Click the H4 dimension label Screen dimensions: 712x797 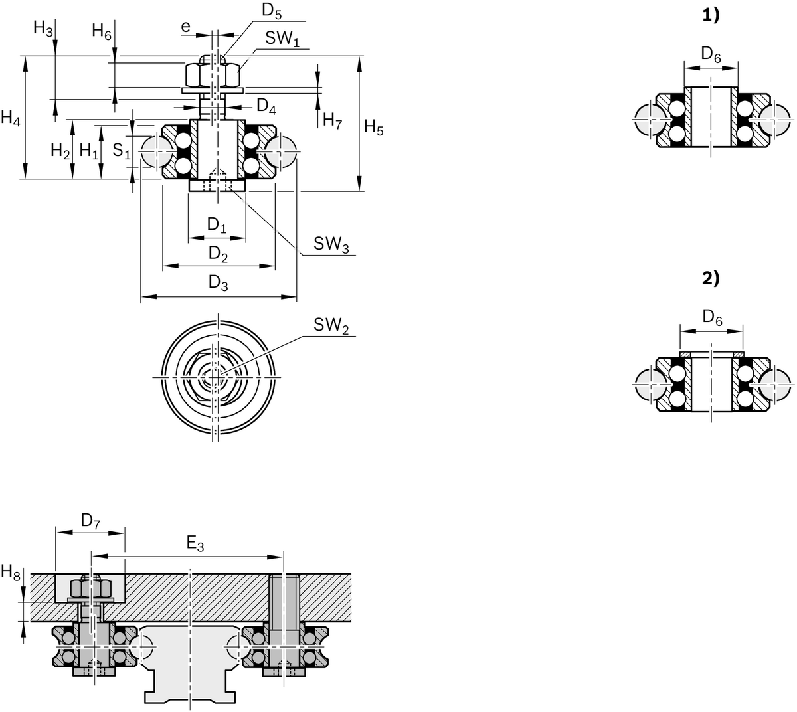(x=11, y=119)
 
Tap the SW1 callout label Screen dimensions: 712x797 (x=283, y=38)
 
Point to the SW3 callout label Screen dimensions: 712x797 (x=331, y=244)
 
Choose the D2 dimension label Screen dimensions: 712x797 (x=218, y=253)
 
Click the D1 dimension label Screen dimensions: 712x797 (x=217, y=225)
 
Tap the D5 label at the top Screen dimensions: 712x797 (x=272, y=10)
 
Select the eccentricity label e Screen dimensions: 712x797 (x=186, y=26)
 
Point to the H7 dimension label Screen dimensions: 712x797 (x=332, y=120)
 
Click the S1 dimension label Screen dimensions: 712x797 (x=120, y=151)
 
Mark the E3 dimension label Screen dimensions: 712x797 (x=195, y=545)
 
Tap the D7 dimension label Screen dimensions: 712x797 (x=90, y=521)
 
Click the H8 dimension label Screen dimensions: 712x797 (x=11, y=571)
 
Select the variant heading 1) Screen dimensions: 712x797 (x=711, y=17)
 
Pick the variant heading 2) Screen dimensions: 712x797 (x=711, y=278)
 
